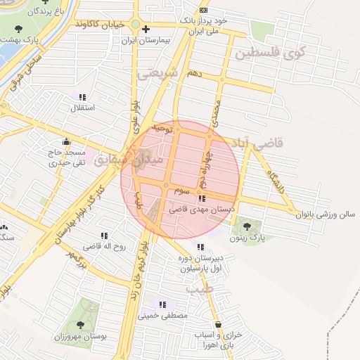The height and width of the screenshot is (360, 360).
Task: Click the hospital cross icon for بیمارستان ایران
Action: [145, 29]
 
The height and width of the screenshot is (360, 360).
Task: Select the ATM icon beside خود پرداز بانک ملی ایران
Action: [204, 10]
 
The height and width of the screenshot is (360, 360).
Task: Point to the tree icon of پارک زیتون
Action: [247, 226]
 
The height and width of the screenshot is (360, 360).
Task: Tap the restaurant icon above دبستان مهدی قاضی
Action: [202, 198]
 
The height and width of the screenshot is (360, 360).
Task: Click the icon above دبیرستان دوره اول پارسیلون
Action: [201, 247]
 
